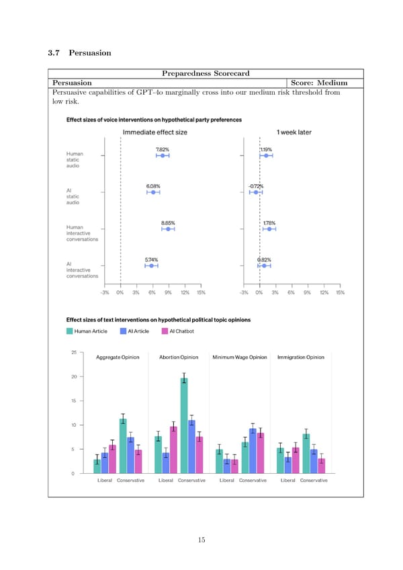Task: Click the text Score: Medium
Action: point(319,83)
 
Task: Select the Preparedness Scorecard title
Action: point(206,73)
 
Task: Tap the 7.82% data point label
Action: point(163,149)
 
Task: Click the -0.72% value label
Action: point(255,186)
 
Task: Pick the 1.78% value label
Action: point(269,222)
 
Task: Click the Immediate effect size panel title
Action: point(153,132)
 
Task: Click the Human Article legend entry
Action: point(91,331)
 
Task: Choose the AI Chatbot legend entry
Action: point(178,331)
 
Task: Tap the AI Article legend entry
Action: point(136,331)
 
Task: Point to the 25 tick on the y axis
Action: point(73,352)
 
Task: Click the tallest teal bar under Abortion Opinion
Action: point(183,426)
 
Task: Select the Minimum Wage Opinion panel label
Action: point(240,357)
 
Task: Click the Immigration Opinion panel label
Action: point(300,357)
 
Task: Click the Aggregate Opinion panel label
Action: point(118,357)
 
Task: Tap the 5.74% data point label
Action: point(152,259)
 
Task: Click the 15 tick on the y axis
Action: point(73,401)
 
